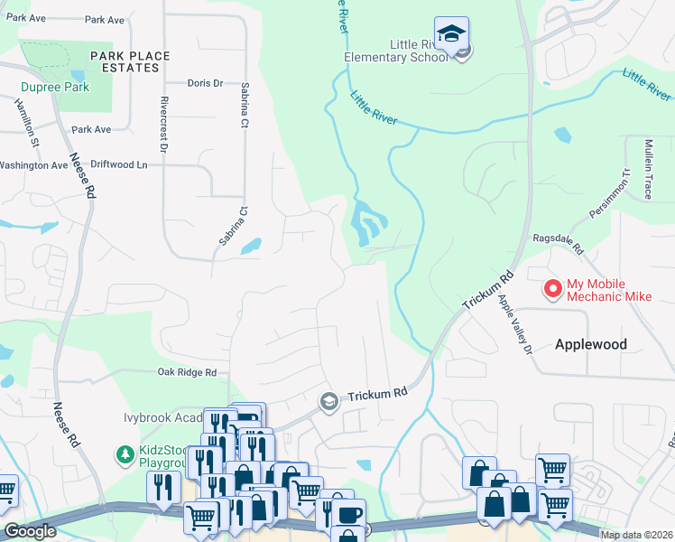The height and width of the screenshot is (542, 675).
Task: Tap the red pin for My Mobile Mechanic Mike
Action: click(x=552, y=288)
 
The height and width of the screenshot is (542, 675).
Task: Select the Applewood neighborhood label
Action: click(x=590, y=344)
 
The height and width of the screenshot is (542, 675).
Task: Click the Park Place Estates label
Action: click(x=130, y=61)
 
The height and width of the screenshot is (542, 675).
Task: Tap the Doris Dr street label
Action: click(x=205, y=83)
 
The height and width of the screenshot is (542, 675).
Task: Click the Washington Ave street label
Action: click(x=33, y=165)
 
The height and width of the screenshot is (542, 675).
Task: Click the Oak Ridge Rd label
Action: click(x=188, y=372)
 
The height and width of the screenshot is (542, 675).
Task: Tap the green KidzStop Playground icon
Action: click(x=126, y=453)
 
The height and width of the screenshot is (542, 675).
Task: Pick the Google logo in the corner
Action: click(x=30, y=531)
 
